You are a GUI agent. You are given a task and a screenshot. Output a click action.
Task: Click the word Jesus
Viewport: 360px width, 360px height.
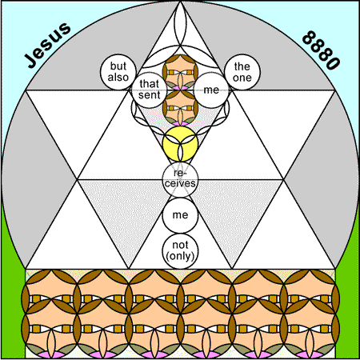[48, 46]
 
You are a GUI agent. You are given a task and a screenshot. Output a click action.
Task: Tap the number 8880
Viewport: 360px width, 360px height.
[322, 50]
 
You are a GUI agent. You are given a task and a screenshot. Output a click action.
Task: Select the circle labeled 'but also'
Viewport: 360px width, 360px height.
[118, 72]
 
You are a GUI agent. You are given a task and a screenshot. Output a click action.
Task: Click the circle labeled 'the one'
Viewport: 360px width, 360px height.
[242, 72]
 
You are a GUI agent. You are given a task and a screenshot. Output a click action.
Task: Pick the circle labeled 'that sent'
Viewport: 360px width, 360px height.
[150, 90]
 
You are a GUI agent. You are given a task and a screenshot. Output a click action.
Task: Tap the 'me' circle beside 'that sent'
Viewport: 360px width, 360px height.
[211, 90]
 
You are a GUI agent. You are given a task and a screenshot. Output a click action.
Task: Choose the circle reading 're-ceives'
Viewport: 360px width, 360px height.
[180, 179]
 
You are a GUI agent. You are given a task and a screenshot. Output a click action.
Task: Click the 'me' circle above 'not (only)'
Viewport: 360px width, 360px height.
[180, 215]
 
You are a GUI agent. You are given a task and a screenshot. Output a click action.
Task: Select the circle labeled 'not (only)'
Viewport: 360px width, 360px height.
[180, 250]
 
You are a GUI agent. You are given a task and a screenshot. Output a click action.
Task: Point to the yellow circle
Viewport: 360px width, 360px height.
[180, 144]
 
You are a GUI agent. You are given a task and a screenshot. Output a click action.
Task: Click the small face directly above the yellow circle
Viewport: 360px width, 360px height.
[180, 108]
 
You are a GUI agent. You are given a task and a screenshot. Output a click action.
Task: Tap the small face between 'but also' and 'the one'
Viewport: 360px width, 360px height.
[180, 72]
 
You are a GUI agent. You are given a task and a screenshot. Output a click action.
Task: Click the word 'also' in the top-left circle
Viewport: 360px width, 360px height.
[118, 78]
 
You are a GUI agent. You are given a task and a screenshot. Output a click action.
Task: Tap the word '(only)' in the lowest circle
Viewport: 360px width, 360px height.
[180, 256]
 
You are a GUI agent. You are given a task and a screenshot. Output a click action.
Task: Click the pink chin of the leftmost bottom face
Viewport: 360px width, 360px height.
[50, 354]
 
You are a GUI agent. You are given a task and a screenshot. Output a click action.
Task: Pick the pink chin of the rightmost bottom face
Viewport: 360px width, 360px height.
[310, 354]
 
